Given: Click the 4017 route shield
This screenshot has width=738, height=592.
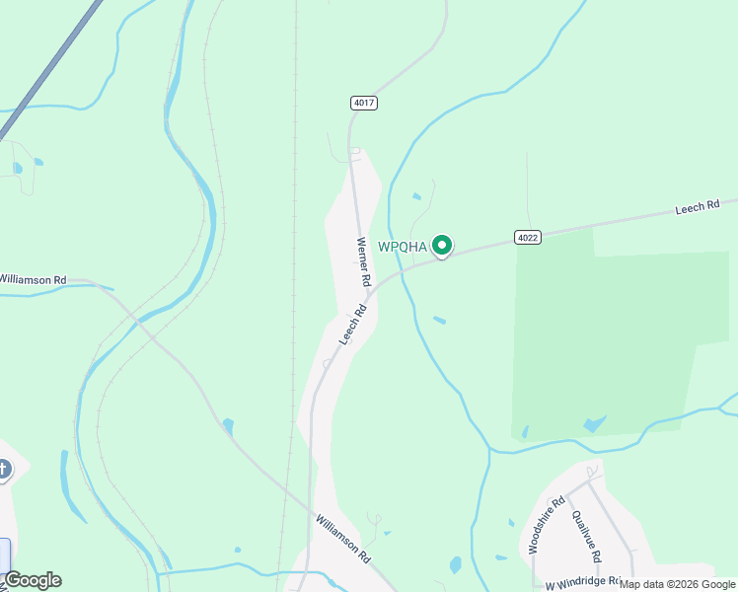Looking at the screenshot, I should coord(363,103).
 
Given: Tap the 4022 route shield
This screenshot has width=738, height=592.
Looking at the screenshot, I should coord(527,237).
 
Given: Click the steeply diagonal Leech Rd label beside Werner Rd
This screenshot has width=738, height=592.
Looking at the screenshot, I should coord(353,324).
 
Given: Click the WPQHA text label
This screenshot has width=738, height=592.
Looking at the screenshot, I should coord(403,247).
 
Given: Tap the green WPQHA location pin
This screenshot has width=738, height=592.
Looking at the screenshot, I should coord(443,246).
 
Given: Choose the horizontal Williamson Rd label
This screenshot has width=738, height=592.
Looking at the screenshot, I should coord(33,280).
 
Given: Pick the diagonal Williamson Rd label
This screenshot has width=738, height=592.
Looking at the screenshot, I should coord(343,538).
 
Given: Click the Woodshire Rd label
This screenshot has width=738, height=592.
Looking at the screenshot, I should coord(546,525).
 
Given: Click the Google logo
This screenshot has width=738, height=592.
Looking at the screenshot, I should coord(32,580).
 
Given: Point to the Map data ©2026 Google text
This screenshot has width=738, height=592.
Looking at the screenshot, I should coord(678,584).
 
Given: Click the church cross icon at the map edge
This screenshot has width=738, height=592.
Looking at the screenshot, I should coord(3,470).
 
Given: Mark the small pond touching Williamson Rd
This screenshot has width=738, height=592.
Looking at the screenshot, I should coord(228,426).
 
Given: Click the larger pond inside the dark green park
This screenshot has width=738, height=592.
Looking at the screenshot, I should coord(594,424).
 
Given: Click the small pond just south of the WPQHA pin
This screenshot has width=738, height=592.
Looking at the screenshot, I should coord(439,320).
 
